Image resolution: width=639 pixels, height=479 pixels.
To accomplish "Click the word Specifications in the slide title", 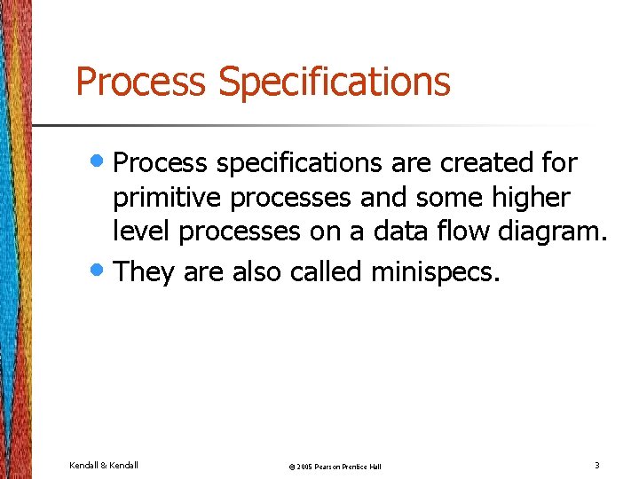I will pyautogui.click(x=335, y=82).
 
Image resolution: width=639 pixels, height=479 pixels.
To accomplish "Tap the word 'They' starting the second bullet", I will pyautogui.click(x=145, y=271).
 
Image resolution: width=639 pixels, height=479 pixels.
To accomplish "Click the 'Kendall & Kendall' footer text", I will pyautogui.click(x=103, y=465).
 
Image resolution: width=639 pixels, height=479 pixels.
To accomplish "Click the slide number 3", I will pyautogui.click(x=597, y=465).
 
